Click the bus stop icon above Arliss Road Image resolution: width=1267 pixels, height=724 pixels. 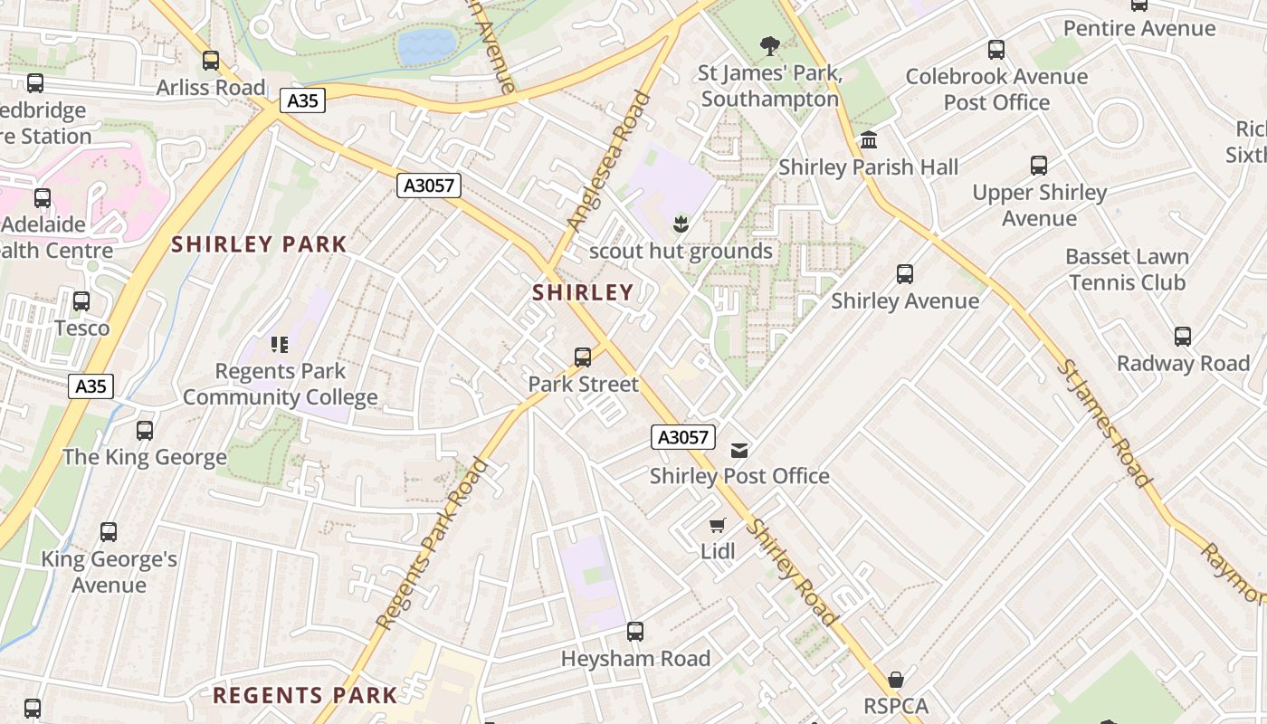[211, 61]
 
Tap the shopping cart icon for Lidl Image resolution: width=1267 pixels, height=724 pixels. [718, 525]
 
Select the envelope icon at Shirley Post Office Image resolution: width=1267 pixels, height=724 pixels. [740, 450]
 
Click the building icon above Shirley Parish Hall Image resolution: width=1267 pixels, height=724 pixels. [869, 140]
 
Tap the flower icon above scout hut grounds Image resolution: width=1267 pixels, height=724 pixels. [681, 224]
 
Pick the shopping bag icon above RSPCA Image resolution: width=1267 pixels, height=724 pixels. [896, 679]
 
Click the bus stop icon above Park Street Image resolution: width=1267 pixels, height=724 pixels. [583, 357]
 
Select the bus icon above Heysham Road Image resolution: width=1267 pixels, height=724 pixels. [635, 632]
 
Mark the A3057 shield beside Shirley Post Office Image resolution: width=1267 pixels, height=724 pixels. [683, 438]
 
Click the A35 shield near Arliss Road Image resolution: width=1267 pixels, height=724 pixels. [301, 100]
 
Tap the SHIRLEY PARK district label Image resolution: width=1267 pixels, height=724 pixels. [259, 244]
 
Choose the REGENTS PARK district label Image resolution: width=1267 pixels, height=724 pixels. [305, 695]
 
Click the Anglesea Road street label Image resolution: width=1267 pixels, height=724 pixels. [608, 160]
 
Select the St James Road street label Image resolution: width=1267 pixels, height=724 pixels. [1105, 424]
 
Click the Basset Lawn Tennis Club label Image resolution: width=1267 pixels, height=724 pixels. [1127, 270]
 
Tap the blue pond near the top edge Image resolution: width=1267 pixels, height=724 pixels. [426, 46]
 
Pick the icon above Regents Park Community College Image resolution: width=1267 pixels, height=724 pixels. [280, 344]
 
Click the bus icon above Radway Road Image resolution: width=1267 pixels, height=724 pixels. [1183, 337]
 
